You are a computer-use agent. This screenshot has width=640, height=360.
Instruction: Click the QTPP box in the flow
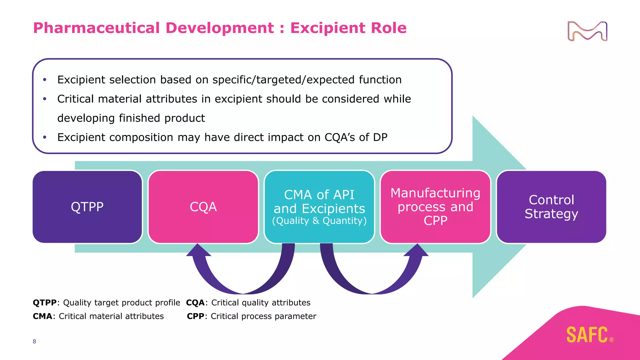87,207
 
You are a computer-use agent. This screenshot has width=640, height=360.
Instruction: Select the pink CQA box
203,207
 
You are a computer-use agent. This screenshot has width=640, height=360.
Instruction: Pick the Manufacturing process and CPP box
435,207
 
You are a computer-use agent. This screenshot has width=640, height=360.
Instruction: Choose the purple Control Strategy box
551,207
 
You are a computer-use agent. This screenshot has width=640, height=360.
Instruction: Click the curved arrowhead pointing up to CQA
198,251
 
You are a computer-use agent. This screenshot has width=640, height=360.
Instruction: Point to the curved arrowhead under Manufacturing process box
417,251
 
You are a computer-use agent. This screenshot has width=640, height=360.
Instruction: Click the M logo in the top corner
587,31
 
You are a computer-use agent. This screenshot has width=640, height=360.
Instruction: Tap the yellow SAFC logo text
587,335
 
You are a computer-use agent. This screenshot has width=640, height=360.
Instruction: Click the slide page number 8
34,341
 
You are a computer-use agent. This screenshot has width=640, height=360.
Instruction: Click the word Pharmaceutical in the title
97,28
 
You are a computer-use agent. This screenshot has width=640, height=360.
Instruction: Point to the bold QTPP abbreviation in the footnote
45,302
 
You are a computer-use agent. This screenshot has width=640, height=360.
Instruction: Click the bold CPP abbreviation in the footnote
196,316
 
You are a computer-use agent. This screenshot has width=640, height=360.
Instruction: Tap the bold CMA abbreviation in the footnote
42,316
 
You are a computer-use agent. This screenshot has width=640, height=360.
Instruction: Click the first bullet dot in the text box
45,80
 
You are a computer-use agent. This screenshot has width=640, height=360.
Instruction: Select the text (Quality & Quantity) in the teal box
319,221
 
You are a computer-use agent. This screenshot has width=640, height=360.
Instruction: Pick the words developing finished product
131,118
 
